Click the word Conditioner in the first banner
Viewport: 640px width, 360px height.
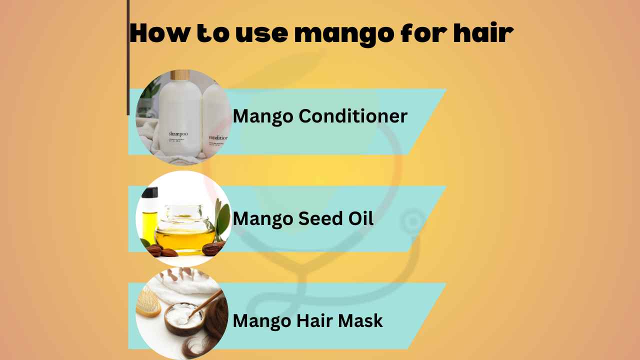353,116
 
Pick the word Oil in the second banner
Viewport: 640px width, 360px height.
360,218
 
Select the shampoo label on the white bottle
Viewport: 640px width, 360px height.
177,133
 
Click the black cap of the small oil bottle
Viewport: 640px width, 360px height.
149,192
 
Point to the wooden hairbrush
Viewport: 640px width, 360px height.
148,303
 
